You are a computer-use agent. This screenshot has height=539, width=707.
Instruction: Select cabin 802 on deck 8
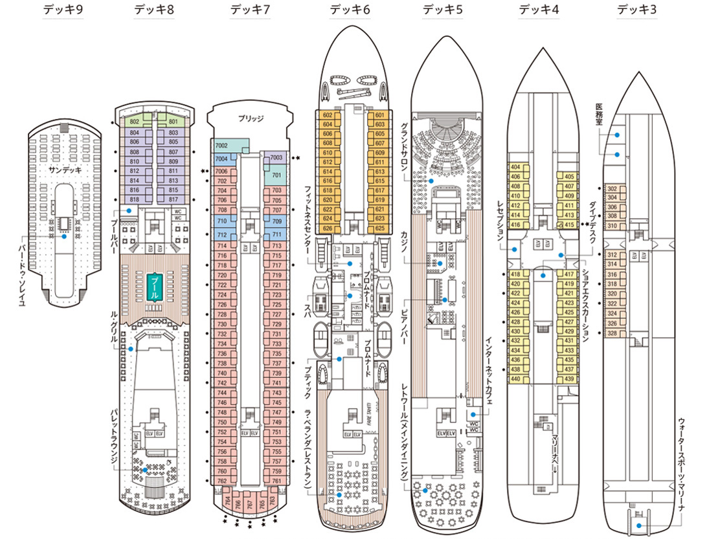click(x=135, y=122)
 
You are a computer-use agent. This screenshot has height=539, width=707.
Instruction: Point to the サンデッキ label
click(x=63, y=170)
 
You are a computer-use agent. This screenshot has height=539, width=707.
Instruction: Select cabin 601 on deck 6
click(x=380, y=116)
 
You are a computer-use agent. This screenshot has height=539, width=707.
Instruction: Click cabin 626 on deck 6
click(x=327, y=228)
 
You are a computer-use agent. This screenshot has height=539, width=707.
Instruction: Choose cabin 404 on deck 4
click(x=515, y=167)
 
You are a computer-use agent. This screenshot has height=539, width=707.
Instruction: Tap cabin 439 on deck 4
click(x=569, y=379)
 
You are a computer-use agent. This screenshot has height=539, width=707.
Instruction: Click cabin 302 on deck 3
click(x=612, y=189)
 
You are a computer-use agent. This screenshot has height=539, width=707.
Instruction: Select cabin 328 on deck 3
click(x=612, y=333)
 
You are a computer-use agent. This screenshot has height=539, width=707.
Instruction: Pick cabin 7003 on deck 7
click(x=276, y=157)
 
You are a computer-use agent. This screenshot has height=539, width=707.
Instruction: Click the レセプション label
click(x=499, y=221)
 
